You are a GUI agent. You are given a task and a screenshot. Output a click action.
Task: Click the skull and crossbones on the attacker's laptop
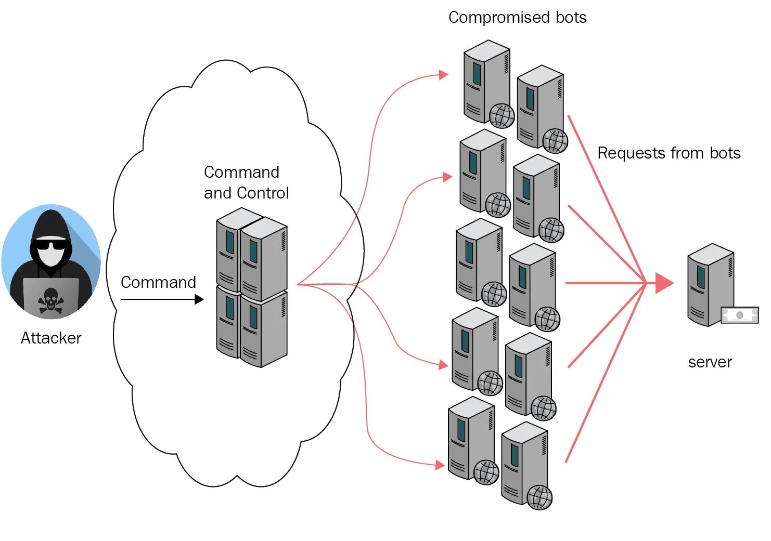(x=50, y=301)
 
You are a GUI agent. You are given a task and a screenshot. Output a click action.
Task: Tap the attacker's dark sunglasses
(x=51, y=245)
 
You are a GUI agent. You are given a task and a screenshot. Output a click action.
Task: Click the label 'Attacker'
(x=51, y=338)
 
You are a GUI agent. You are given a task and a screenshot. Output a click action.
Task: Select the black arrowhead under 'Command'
(x=199, y=299)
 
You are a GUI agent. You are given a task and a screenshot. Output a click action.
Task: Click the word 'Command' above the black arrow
(x=158, y=282)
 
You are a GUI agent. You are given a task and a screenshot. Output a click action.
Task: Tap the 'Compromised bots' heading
(x=517, y=18)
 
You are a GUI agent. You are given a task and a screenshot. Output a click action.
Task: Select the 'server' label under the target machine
(x=710, y=362)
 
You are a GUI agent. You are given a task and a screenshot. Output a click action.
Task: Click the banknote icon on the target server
(x=739, y=315)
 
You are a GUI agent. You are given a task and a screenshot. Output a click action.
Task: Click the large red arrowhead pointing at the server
(x=664, y=283)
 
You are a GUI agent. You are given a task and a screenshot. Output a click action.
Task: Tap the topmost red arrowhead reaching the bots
(x=443, y=75)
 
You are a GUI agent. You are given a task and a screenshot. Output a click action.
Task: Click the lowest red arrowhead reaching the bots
(x=440, y=465)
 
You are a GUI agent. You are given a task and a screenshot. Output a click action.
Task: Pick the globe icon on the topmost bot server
(x=502, y=116)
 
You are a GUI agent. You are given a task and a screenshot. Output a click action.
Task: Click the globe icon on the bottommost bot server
(x=539, y=497)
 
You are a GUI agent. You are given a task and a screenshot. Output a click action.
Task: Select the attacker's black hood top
(x=51, y=221)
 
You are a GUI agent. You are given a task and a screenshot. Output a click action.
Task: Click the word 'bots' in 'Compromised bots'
(x=571, y=18)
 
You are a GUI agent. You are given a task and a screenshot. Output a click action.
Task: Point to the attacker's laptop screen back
(x=51, y=297)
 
